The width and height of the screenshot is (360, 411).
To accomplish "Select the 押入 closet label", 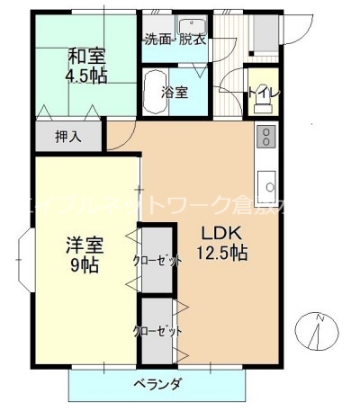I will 67,138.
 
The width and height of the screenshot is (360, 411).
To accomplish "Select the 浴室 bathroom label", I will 174,92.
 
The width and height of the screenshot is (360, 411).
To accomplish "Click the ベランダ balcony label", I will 158,384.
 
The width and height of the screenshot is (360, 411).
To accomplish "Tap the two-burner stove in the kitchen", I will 266,137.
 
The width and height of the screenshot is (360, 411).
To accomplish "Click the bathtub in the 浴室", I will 155,92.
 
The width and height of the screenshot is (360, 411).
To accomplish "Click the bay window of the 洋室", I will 24,257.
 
